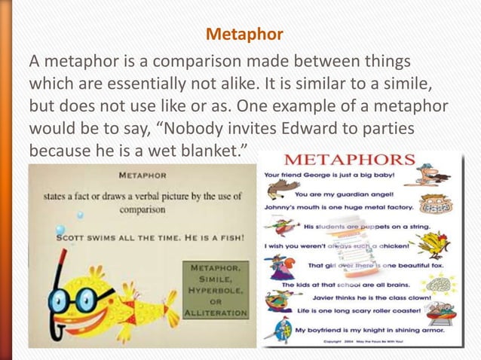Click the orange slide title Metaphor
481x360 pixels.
pyautogui.click(x=244, y=35)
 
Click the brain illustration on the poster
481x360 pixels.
pyautogui.click(x=439, y=284)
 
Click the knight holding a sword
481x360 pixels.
pyautogui.click(x=274, y=329)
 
